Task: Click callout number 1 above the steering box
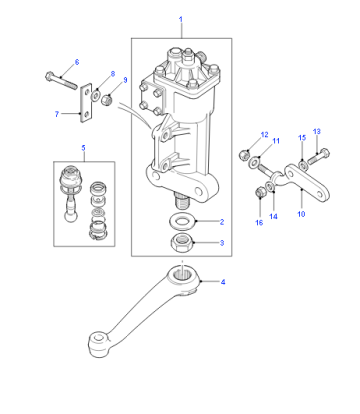181,19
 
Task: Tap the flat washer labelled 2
183,222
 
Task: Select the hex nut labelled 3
182,242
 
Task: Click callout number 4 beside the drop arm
223,282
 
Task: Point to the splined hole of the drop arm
183,274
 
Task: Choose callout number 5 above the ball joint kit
83,148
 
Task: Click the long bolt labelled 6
61,80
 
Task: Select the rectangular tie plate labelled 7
86,103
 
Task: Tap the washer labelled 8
96,96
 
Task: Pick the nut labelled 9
107,99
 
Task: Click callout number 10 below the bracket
301,214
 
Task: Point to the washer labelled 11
254,162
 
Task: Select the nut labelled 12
244,154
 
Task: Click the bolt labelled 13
318,157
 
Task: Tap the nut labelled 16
260,192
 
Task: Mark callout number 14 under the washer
273,217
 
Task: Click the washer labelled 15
302,165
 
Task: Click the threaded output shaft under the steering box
182,200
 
